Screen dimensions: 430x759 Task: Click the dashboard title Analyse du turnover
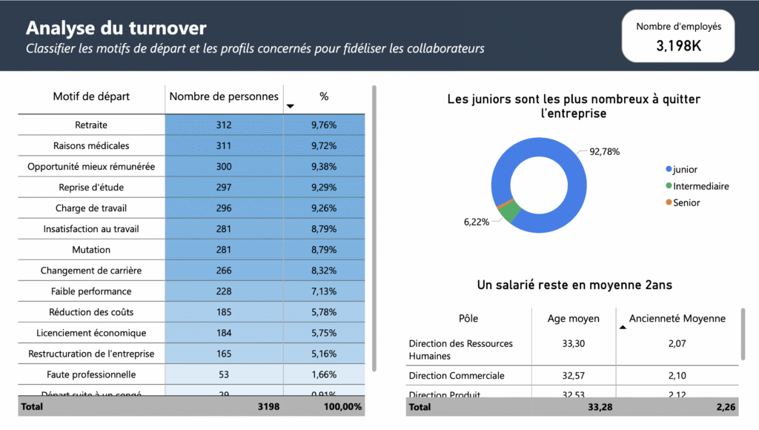tap(116, 28)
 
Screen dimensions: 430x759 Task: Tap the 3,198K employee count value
tap(678, 46)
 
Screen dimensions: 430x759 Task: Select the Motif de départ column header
tap(91, 96)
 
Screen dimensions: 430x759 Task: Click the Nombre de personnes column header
tap(224, 96)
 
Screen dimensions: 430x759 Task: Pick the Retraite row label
tap(91, 125)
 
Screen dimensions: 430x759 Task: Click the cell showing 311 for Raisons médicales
tap(224, 146)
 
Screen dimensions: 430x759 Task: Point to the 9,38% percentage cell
tap(324, 167)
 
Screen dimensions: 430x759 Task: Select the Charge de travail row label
tap(91, 208)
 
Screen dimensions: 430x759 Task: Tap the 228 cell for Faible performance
tap(224, 291)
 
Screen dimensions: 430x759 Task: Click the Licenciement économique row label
tap(91, 333)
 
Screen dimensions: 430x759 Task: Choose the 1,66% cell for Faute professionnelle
tap(324, 374)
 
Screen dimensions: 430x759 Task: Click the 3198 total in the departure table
tap(267, 406)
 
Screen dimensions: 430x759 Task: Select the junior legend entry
tap(685, 170)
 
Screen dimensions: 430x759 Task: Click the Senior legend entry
tap(686, 202)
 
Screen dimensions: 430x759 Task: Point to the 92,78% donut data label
tap(604, 151)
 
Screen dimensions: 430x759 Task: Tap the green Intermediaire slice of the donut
tap(508, 212)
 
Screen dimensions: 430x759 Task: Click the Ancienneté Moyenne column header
tap(677, 319)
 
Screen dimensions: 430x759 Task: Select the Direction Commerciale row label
tap(457, 376)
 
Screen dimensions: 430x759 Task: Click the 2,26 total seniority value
tap(726, 406)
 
